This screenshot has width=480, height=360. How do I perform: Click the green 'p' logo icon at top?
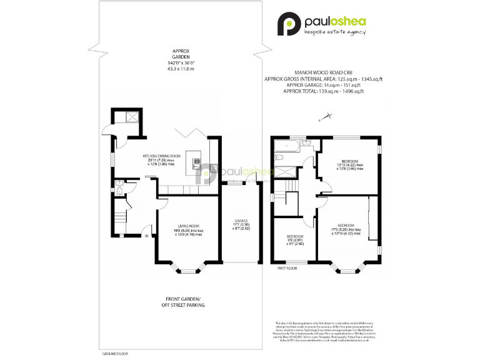pyautogui.click(x=289, y=24)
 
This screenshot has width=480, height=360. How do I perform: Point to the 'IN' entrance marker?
pyautogui.click(x=147, y=236)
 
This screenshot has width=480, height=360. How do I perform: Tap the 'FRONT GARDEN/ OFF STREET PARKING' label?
pyautogui.click(x=184, y=302)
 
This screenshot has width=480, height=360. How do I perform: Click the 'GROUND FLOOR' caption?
pyautogui.click(x=114, y=353)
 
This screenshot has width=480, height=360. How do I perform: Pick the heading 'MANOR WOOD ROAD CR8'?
pyautogui.click(x=323, y=72)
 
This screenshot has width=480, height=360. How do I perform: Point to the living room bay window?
pyautogui.click(x=187, y=271)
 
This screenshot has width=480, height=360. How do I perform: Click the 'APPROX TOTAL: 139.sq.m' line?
pyautogui.click(x=323, y=91)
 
